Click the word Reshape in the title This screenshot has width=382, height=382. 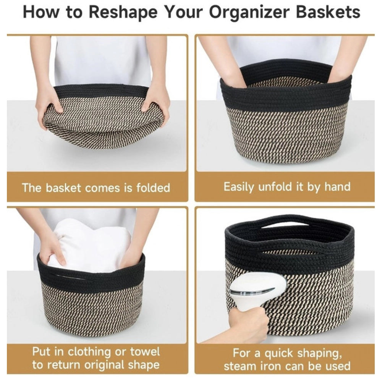coord(122,12)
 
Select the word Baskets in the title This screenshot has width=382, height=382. coord(329,12)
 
